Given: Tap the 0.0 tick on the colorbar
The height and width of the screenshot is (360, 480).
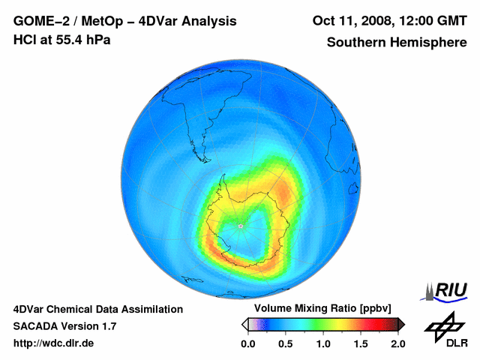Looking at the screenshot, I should pos(248,343).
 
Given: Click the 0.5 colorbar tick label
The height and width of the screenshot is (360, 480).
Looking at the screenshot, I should pos(285,343).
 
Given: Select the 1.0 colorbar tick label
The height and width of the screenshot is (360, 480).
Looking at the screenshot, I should pos(322,343).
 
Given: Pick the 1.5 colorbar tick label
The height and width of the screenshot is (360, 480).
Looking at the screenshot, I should pos(360,343).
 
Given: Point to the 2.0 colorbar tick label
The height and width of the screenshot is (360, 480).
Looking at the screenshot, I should pos(397,343).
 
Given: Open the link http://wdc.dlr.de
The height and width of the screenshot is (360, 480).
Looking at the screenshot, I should pos(53,343).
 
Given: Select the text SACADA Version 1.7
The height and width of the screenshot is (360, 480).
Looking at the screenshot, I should pos(64,326).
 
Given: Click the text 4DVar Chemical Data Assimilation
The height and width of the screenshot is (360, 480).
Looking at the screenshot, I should pos(97,309).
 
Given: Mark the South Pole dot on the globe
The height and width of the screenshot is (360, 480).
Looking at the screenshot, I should pos(240,226).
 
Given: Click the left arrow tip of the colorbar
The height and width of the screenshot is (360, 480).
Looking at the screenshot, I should pos(243,324).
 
